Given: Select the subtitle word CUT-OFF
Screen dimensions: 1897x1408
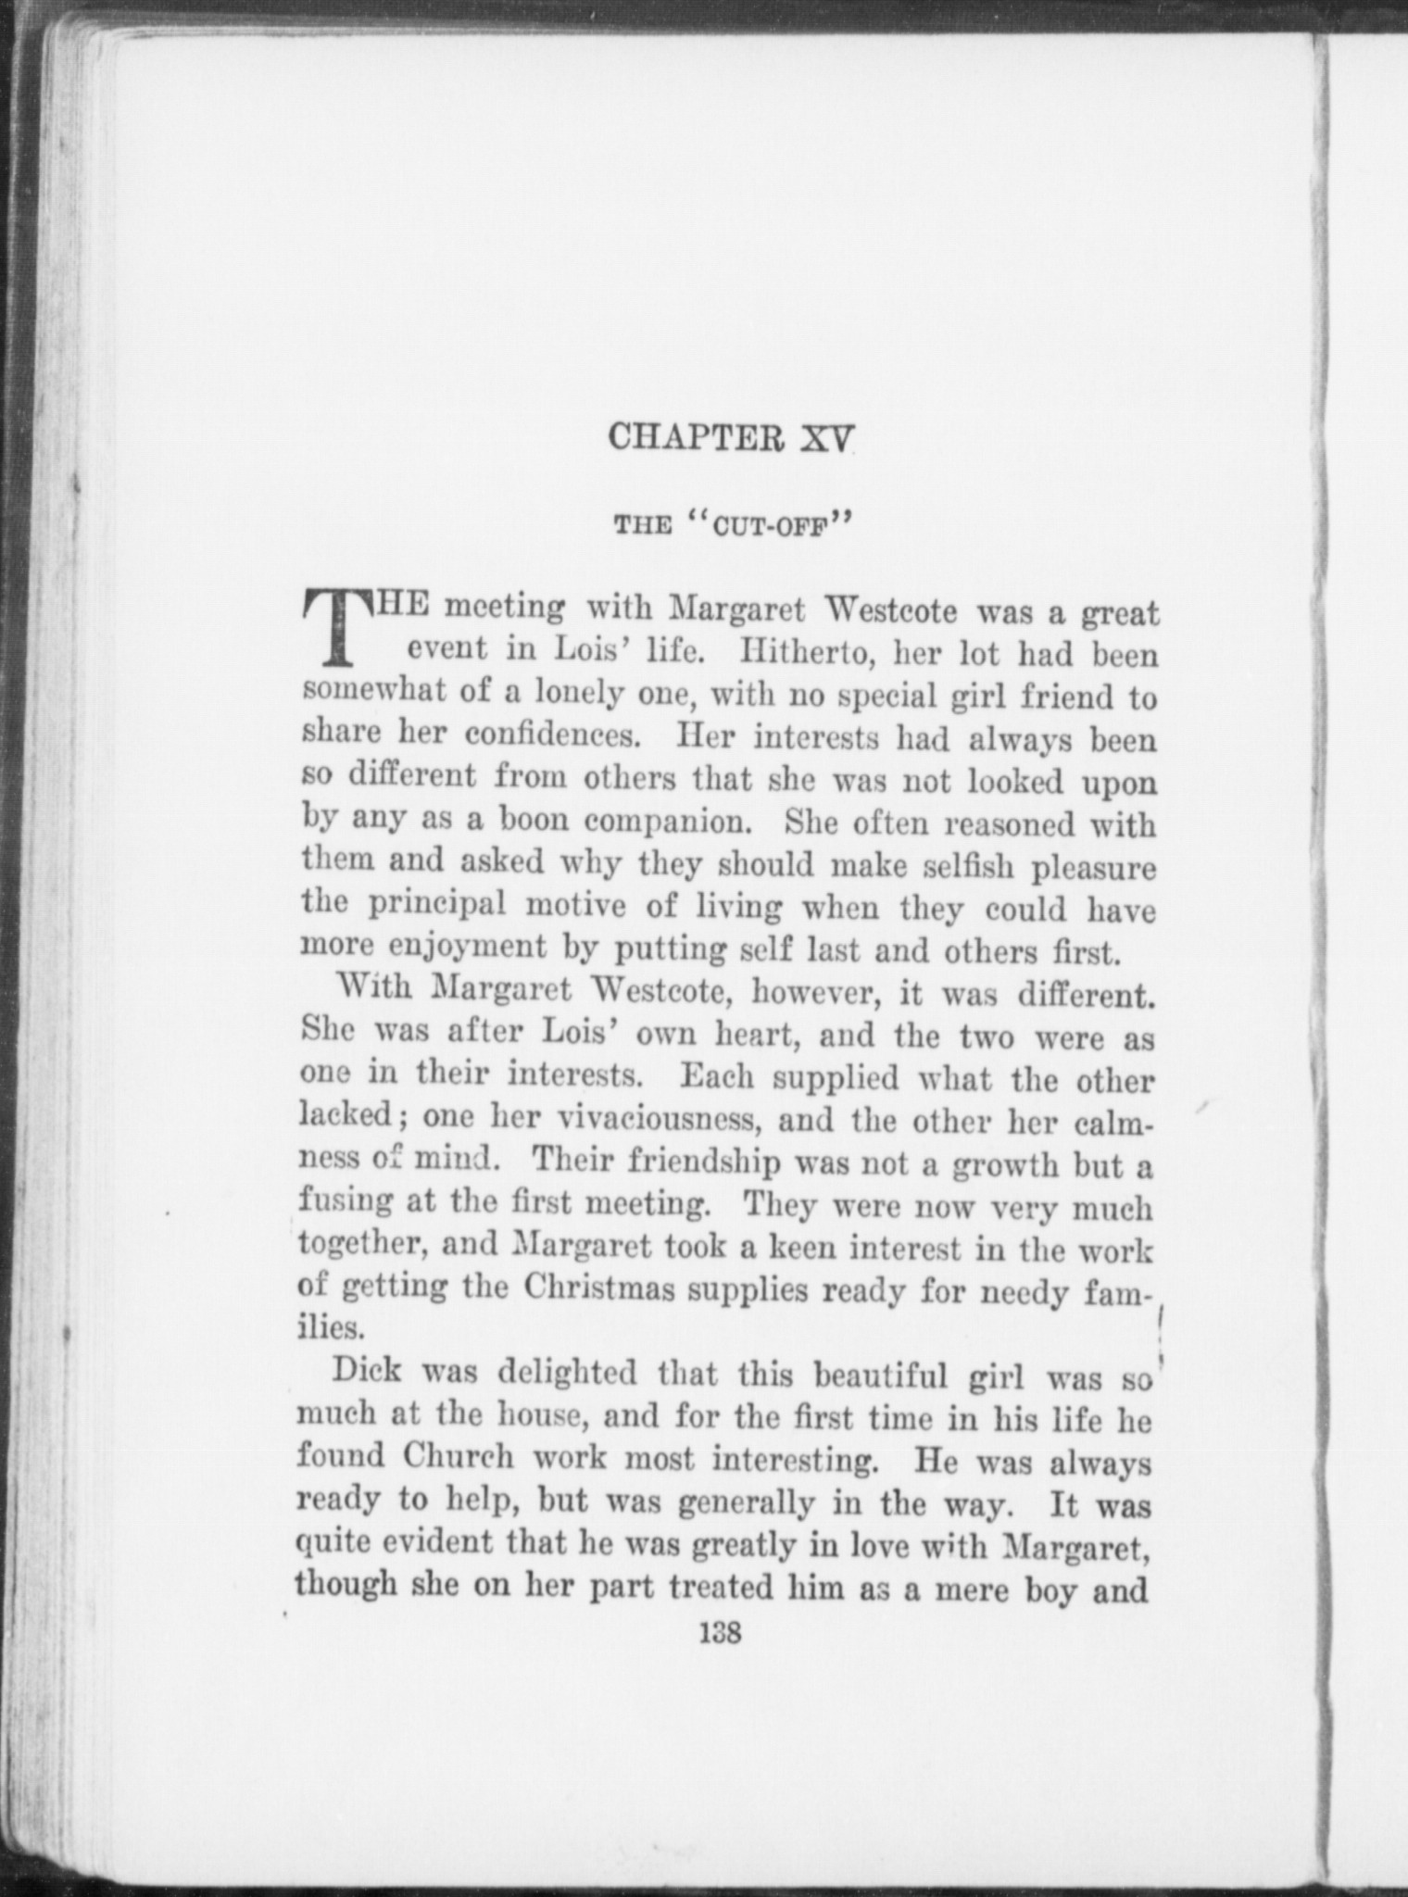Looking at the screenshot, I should tap(775, 529).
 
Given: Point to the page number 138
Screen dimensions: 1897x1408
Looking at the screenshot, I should tap(722, 1633).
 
